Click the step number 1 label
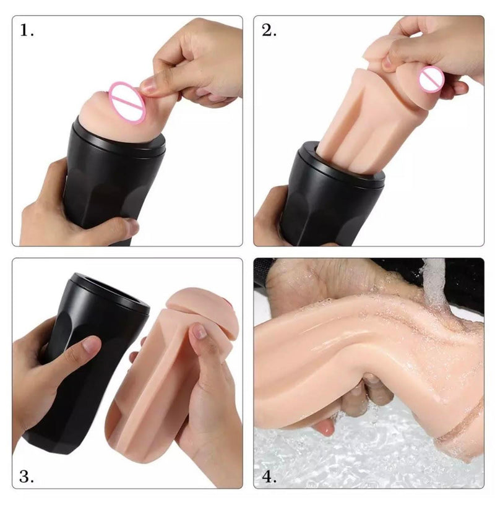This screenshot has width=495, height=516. pos(27,30)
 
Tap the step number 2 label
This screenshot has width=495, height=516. pos(269,30)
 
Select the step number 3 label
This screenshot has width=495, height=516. pos(27,476)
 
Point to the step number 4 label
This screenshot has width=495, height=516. pos(269,476)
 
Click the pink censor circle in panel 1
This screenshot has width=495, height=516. pos(127,102)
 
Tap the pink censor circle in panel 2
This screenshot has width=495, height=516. pos(431,79)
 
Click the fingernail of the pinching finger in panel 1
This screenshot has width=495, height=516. pos(148,86)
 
